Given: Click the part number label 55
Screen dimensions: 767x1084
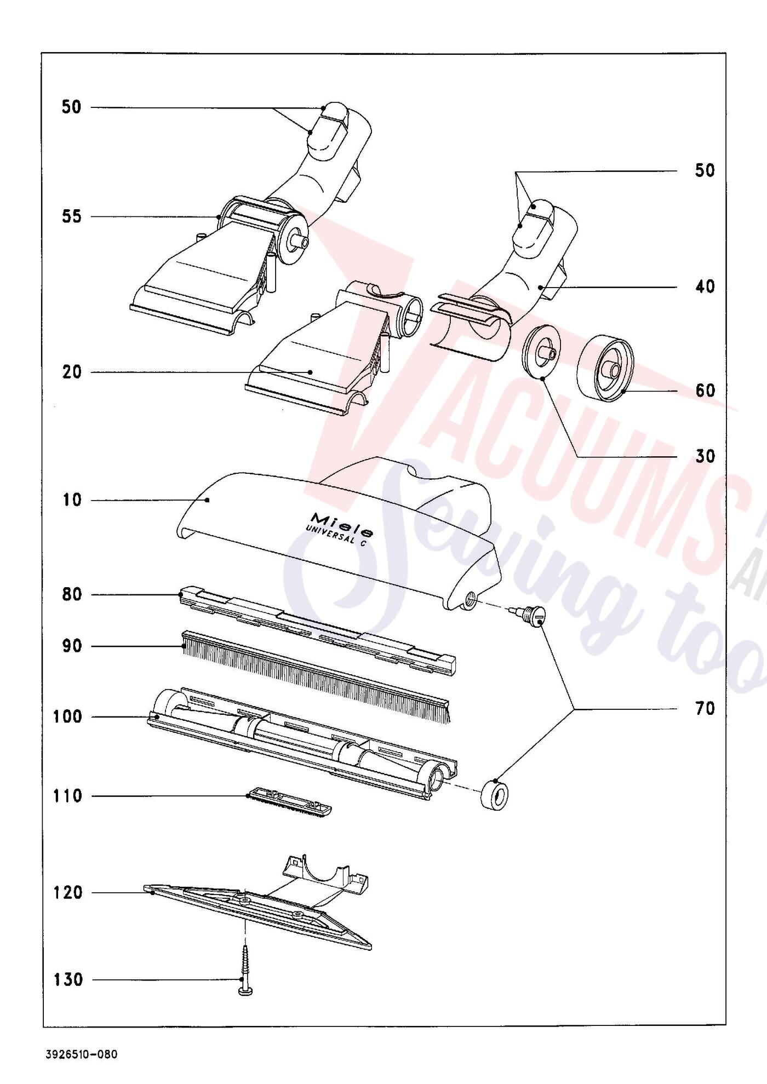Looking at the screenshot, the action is pyautogui.click(x=71, y=216).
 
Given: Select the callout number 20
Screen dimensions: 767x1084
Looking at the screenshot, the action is pyautogui.click(x=71, y=372).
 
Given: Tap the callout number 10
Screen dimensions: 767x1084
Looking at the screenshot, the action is pyautogui.click(x=71, y=500).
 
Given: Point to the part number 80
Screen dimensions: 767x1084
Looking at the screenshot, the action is pyautogui.click(x=71, y=594).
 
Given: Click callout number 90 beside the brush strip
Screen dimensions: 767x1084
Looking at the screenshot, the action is pyautogui.click(x=71, y=646).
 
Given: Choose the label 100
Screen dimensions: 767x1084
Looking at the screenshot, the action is pyautogui.click(x=67, y=716).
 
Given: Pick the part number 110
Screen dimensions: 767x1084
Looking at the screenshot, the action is pyautogui.click(x=67, y=796).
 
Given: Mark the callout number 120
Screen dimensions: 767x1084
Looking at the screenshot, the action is pyautogui.click(x=67, y=893).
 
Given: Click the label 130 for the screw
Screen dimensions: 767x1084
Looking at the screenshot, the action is pyautogui.click(x=67, y=979).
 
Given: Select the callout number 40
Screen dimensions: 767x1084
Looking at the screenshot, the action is pyautogui.click(x=705, y=286).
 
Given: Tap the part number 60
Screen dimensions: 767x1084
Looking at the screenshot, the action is pyautogui.click(x=705, y=391).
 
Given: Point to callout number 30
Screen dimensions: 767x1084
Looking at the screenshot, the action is pyautogui.click(x=705, y=456).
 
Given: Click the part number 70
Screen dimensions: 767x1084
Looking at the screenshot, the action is pyautogui.click(x=705, y=709).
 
